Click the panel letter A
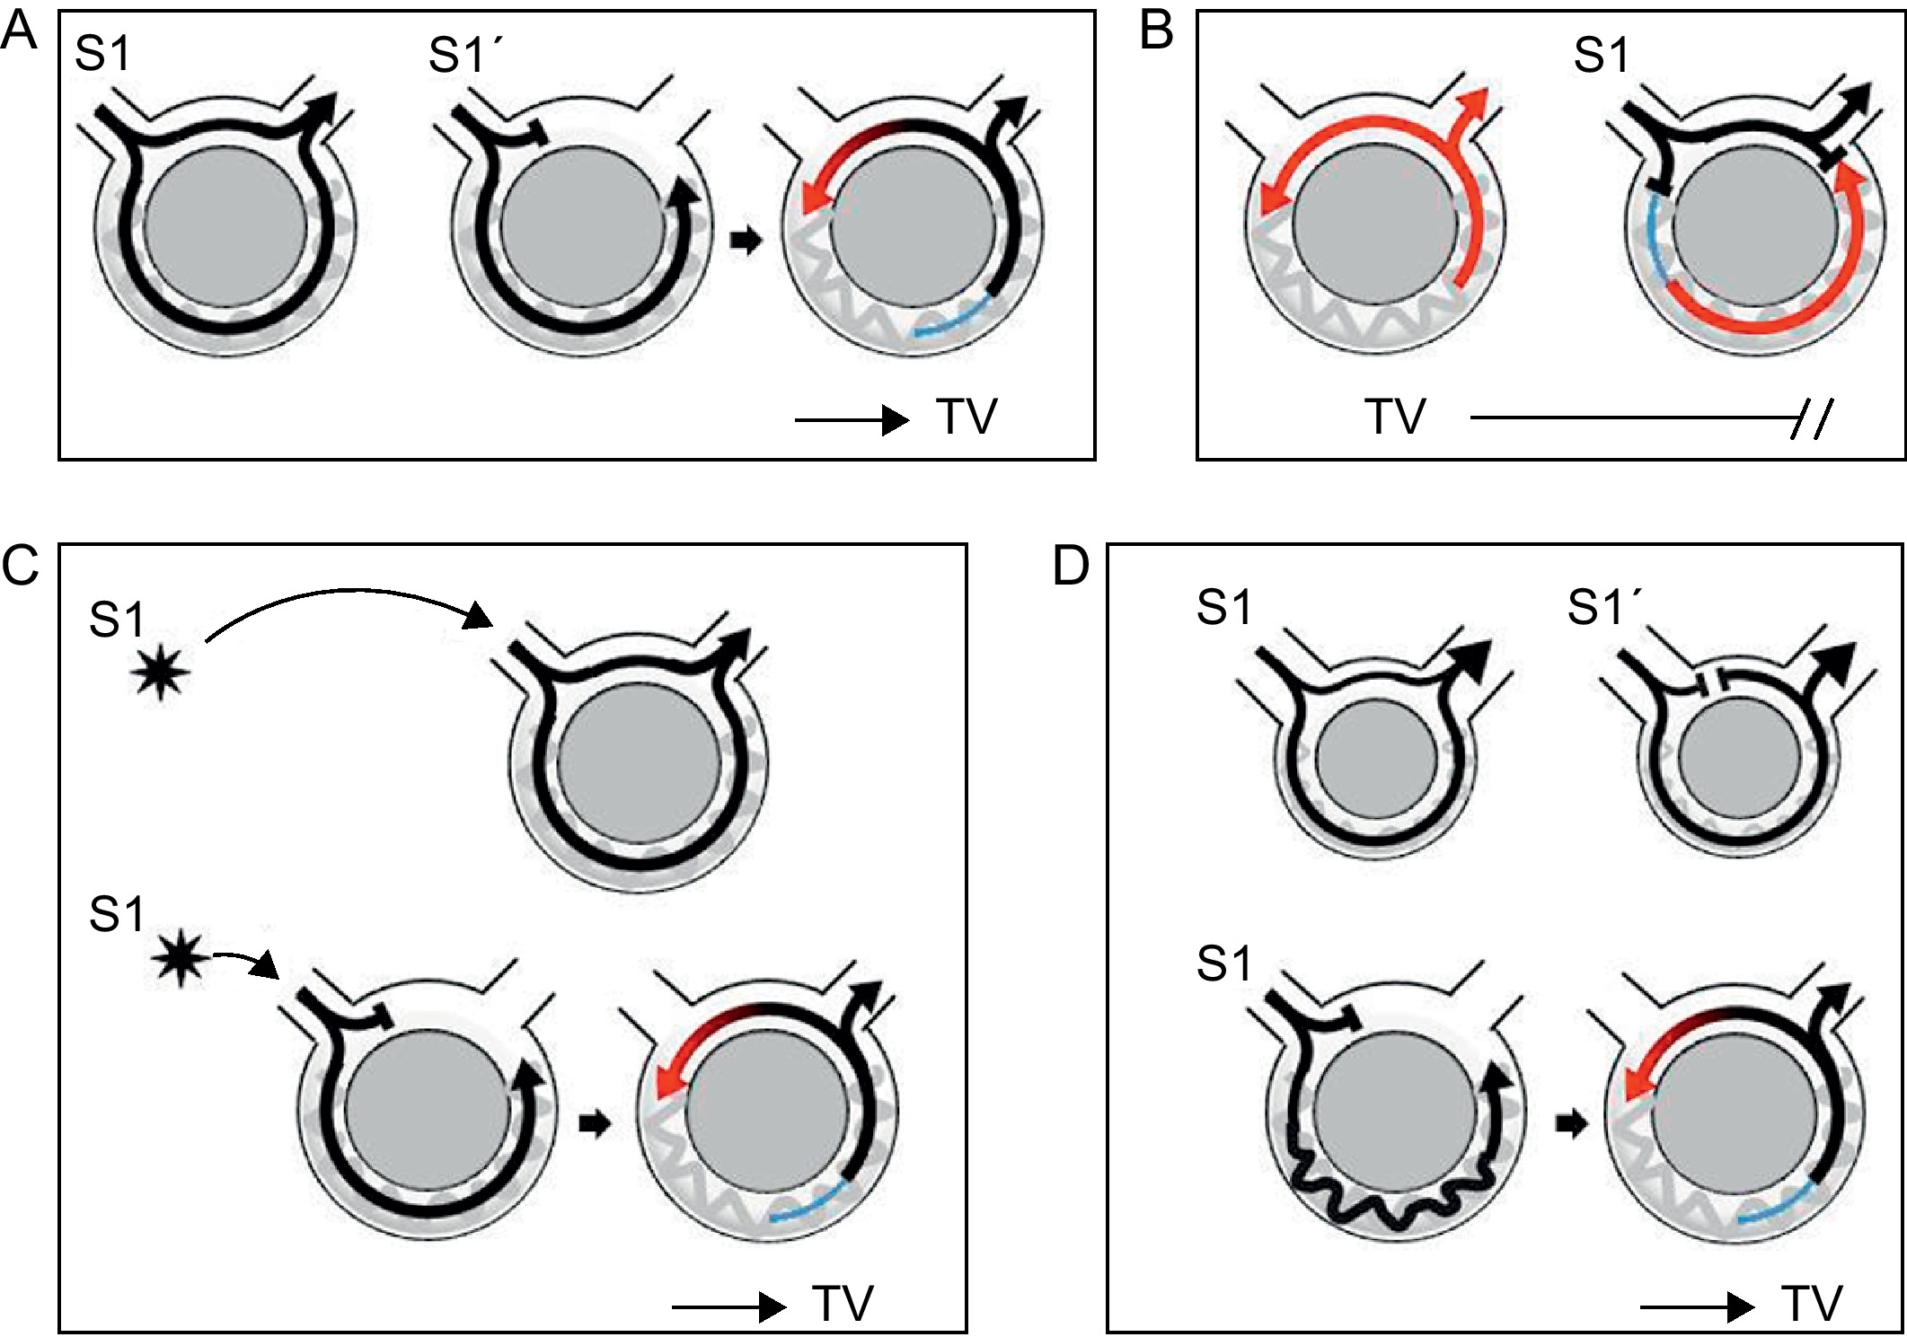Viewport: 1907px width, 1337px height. click(19, 32)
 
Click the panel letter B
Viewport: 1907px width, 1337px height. click(1156, 32)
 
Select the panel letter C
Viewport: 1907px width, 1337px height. click(20, 566)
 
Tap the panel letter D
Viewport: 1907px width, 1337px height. click(1070, 566)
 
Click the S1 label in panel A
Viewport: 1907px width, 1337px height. click(102, 54)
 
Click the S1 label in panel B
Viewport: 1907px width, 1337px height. click(1601, 56)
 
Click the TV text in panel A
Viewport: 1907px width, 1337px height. click(967, 418)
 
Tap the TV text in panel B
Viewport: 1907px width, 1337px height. click(1394, 418)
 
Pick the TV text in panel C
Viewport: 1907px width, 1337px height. click(843, 1304)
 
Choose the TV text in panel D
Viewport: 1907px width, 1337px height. click(1811, 1304)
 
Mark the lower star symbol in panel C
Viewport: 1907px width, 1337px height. click(181, 959)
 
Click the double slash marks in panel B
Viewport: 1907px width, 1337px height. click(1809, 418)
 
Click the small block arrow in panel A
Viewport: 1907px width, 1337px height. click(745, 241)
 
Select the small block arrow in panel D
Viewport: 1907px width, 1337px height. click(1571, 1123)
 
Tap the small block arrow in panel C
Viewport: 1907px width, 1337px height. click(595, 1123)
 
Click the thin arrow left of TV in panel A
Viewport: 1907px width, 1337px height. click(851, 419)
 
